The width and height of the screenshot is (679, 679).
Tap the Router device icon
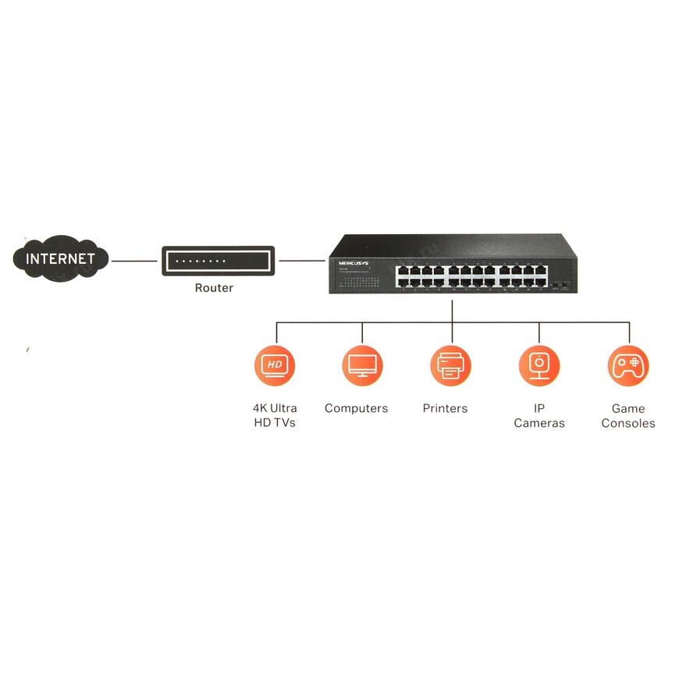point(218,261)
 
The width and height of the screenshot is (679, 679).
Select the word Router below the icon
point(214,288)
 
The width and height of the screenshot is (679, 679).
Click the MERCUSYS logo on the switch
point(354,264)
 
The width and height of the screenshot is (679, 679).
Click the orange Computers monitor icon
point(362,365)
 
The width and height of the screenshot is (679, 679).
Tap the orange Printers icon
point(450,365)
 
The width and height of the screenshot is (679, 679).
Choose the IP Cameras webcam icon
point(539,365)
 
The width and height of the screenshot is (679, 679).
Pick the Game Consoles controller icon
point(627,365)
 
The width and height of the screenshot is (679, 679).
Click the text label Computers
point(356,408)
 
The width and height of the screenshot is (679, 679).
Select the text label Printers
point(445,408)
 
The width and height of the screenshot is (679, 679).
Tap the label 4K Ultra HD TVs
point(275,415)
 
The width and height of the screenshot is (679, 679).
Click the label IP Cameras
point(539,415)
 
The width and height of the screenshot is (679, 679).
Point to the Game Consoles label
point(628,415)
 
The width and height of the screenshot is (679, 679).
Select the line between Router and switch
point(302,261)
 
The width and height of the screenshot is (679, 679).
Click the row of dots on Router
point(201,261)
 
